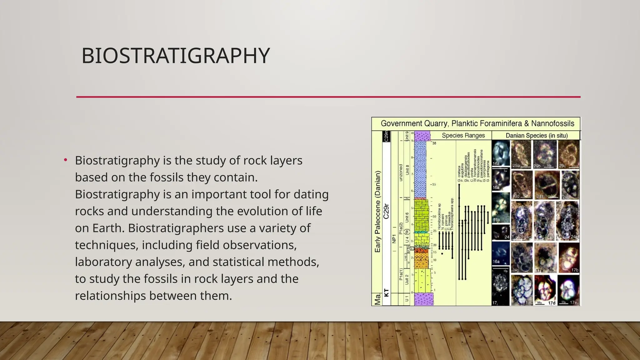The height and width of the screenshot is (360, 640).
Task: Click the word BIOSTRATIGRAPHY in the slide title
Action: [x=175, y=56]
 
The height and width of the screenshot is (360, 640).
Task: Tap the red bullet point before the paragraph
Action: [x=66, y=160]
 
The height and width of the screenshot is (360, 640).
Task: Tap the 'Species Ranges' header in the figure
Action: [x=463, y=135]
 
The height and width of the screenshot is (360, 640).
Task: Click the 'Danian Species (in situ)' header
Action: [x=537, y=135]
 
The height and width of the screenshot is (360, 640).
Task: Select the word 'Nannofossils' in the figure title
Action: [x=552, y=123]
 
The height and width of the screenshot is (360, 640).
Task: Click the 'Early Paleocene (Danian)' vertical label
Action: [x=377, y=212]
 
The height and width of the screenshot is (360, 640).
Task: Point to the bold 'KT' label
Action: [x=387, y=292]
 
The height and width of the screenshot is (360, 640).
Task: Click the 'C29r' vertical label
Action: [x=387, y=211]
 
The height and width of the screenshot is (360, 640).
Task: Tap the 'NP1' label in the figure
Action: [x=394, y=239]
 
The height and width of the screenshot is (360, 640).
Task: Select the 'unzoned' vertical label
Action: [x=401, y=172]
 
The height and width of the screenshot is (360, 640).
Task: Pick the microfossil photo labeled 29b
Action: [x=545, y=154]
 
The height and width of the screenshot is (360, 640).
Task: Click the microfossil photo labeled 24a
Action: [x=547, y=184]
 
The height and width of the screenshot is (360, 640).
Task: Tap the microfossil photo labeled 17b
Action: [x=569, y=257]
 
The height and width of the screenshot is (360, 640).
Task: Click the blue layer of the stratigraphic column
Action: [x=420, y=169]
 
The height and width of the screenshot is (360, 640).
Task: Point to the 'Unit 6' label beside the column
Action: [x=407, y=217]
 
